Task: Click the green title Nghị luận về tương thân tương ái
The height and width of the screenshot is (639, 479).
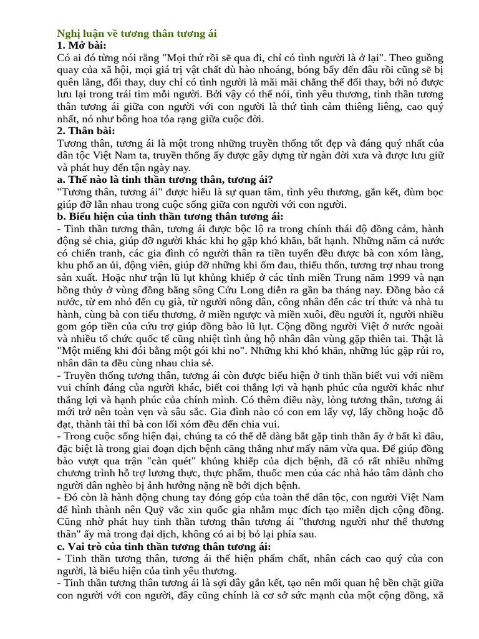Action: pyautogui.click(x=137, y=33)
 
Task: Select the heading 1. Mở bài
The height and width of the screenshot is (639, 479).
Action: pyautogui.click(x=81, y=45)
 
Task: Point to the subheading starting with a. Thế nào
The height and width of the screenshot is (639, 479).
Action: pyautogui.click(x=165, y=180)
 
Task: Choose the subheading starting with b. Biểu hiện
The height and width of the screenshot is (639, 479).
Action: pyautogui.click(x=170, y=217)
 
